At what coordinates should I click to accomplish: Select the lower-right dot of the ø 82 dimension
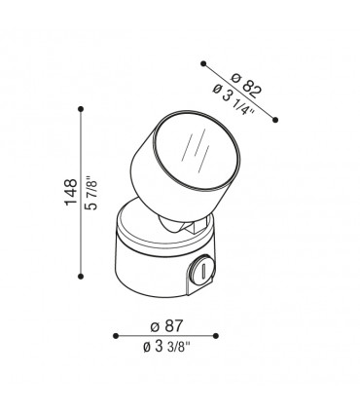(276, 119)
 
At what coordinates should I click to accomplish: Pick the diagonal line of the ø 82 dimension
(240, 92)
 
